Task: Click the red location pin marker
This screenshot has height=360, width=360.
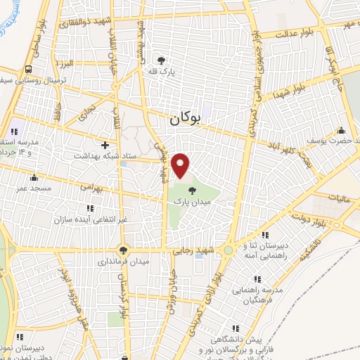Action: click(181, 165)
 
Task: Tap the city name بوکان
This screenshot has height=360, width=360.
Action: click(194, 120)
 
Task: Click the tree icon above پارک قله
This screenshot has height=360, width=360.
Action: click(162, 60)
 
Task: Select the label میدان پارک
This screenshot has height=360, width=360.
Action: click(193, 201)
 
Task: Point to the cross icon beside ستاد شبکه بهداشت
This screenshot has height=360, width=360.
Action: click(105, 145)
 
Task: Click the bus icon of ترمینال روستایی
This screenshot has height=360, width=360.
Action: click(29, 70)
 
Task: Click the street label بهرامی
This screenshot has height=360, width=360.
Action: click(91, 188)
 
